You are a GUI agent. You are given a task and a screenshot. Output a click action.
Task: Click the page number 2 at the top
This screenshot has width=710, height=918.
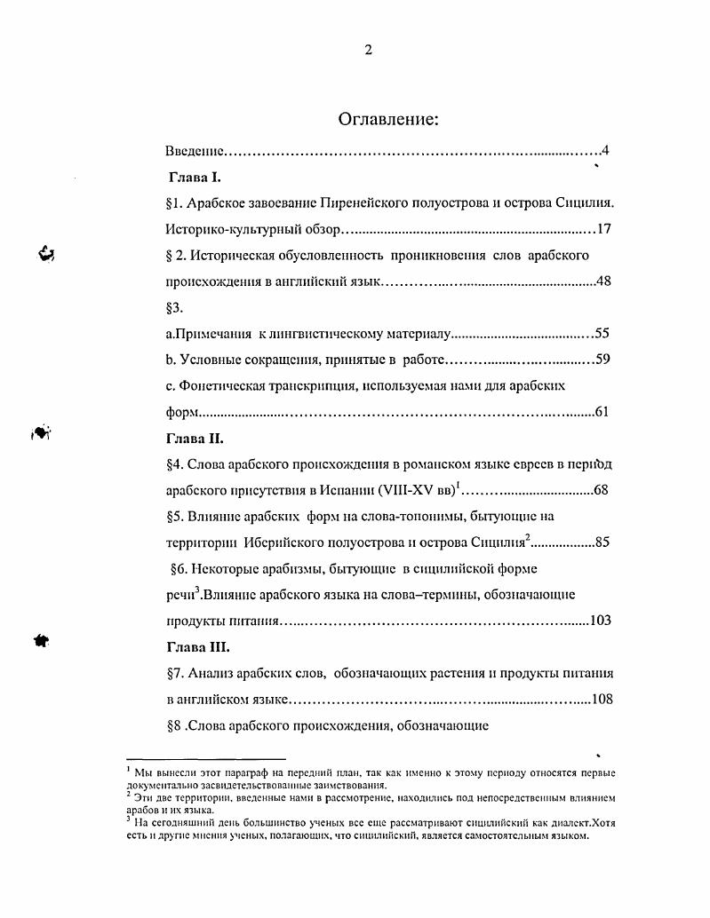(x=368, y=50)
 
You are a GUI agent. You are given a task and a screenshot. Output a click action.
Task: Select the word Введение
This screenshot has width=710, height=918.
(x=195, y=152)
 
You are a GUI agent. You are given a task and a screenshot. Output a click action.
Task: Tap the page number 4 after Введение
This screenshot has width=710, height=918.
(x=604, y=152)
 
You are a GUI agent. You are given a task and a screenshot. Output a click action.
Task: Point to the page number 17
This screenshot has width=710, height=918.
(x=603, y=229)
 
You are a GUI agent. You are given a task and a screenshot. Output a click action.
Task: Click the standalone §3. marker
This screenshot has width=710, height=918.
(x=174, y=308)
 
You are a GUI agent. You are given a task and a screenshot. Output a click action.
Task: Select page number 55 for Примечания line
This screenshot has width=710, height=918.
(x=602, y=334)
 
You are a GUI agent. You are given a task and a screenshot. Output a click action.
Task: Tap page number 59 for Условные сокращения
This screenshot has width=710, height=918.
(x=602, y=360)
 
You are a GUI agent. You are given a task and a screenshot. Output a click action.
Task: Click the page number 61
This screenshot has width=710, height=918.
(x=602, y=412)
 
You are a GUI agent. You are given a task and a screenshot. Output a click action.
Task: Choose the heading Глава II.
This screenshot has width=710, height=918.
(x=195, y=438)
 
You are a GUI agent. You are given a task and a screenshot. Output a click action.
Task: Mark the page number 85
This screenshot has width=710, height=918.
(x=602, y=542)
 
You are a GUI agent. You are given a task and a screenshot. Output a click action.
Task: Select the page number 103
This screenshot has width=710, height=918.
(x=600, y=621)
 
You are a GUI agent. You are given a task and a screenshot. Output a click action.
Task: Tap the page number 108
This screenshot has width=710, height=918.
(x=602, y=699)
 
